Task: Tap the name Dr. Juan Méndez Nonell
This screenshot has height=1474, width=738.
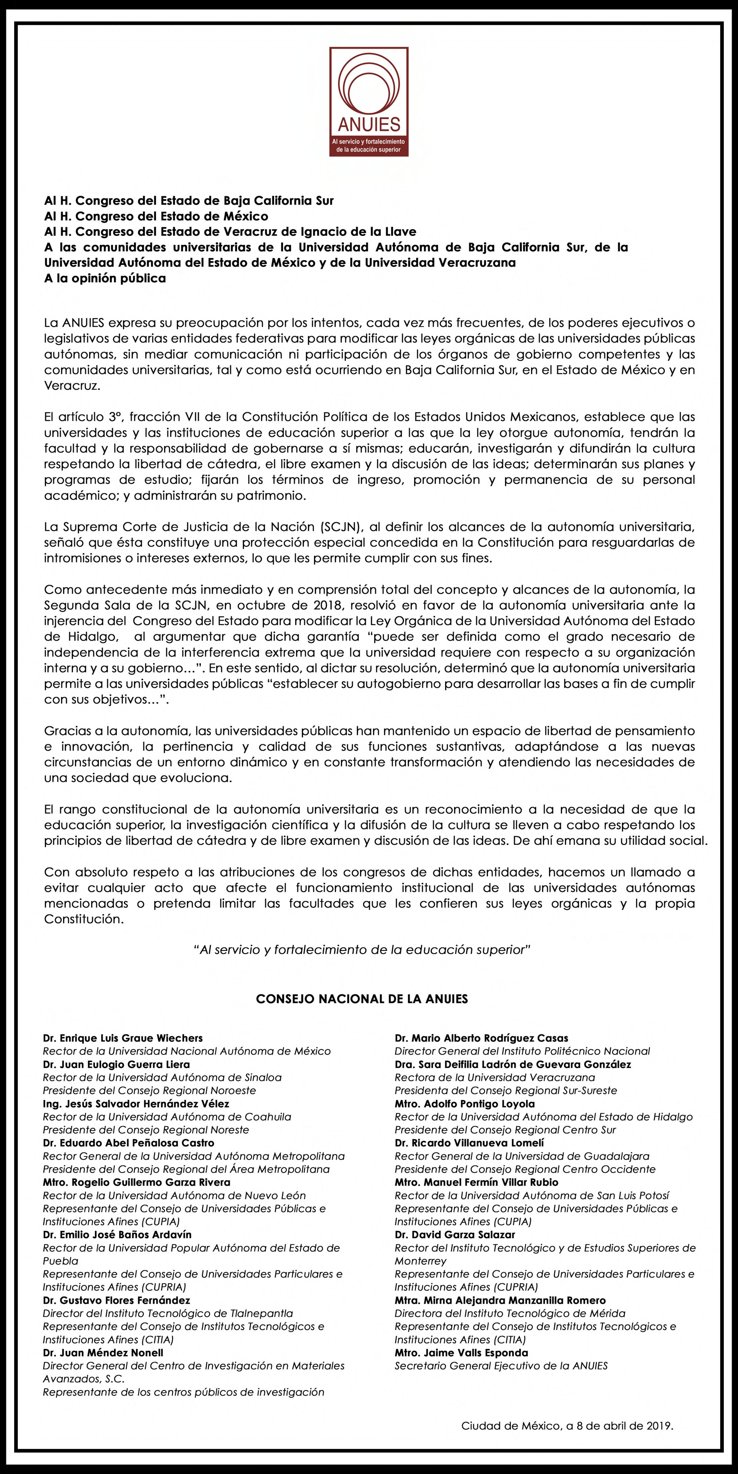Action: [x=103, y=1353]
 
